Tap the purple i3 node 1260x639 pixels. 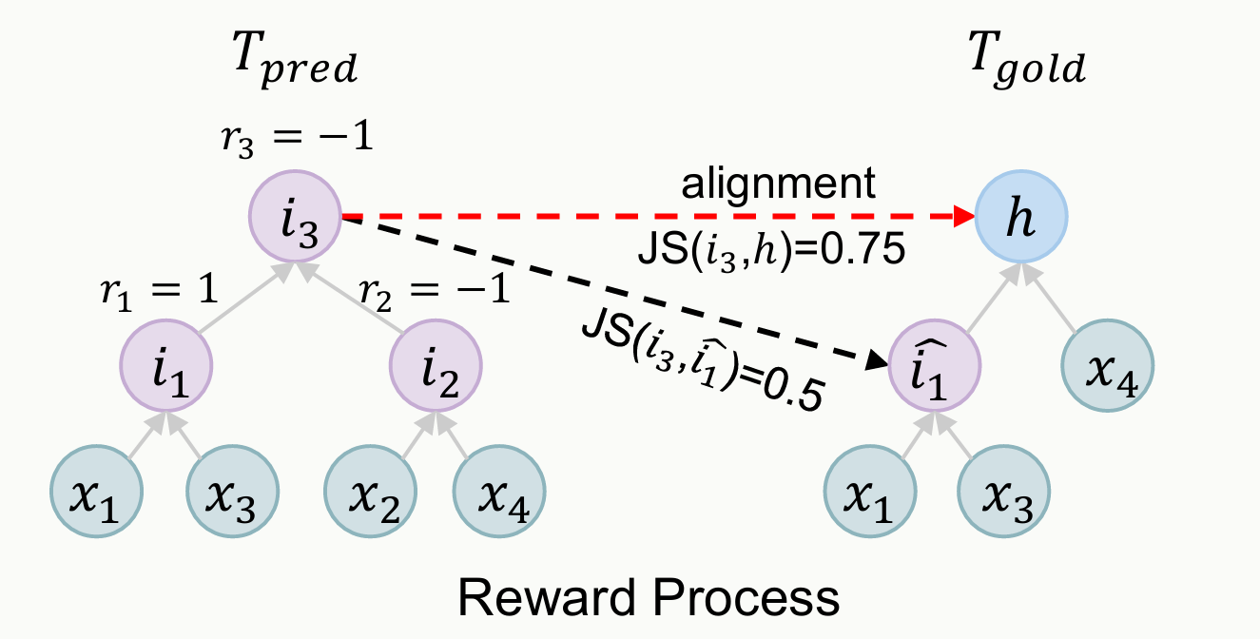[x=295, y=219]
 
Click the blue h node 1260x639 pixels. [x=1022, y=219]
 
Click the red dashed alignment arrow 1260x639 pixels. [x=656, y=218]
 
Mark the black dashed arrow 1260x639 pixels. [x=609, y=289]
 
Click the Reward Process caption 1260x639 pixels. [x=649, y=597]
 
